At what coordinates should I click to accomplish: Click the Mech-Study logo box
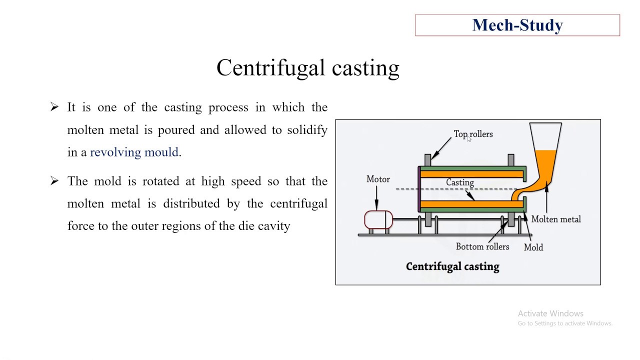click(x=517, y=25)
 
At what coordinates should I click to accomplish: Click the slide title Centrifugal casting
click(x=307, y=68)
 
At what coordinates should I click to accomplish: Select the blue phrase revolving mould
click(x=134, y=152)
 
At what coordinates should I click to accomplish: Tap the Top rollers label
click(x=473, y=134)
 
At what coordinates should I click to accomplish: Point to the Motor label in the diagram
click(x=378, y=179)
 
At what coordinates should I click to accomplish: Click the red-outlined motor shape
click(x=378, y=220)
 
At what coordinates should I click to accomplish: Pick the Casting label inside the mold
click(x=459, y=182)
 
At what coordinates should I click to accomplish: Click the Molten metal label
click(x=555, y=219)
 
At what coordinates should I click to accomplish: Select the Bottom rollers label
click(x=482, y=246)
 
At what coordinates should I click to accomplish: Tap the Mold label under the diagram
click(x=533, y=247)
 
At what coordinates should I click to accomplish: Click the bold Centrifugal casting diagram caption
click(x=452, y=266)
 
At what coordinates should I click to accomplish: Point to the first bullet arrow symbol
click(x=54, y=107)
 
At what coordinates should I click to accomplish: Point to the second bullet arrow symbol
click(x=54, y=181)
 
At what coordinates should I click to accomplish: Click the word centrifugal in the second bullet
click(x=298, y=203)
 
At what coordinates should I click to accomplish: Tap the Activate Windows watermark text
click(x=550, y=313)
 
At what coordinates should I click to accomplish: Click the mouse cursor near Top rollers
click(x=469, y=140)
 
